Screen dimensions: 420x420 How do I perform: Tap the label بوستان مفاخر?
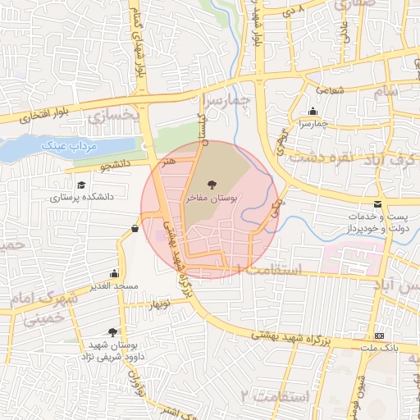[x=212, y=198]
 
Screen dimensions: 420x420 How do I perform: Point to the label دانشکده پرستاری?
[x=81, y=198]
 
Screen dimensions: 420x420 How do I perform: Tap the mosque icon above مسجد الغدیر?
[x=113, y=273]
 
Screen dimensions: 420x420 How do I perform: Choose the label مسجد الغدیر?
[x=113, y=286]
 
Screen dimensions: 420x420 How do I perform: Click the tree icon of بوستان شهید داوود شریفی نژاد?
[x=112, y=332]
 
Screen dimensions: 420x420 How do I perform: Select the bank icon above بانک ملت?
[x=379, y=336]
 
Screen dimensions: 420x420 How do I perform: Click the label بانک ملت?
[x=379, y=349]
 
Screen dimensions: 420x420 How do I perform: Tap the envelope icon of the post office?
[x=377, y=203]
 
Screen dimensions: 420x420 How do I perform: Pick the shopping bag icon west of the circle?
[x=135, y=228]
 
